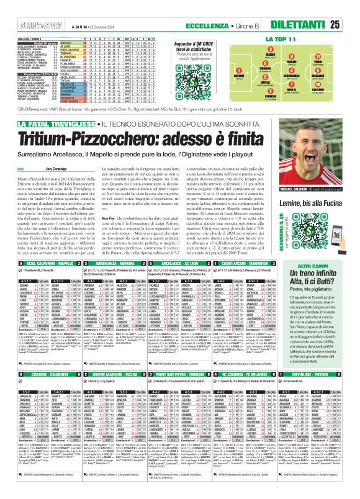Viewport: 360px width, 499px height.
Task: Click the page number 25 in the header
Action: (351, 25)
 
